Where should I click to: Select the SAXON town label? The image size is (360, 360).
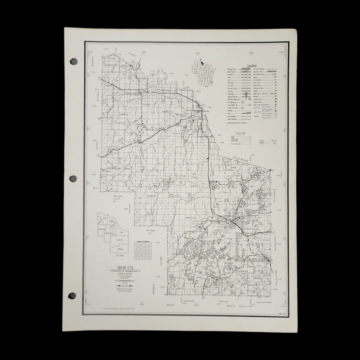(147, 104)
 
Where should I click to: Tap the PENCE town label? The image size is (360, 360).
(176, 133)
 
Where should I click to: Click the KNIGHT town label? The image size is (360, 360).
(152, 196)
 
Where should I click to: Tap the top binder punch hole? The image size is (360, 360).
(74, 61)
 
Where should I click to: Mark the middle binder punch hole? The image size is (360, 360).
(73, 179)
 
